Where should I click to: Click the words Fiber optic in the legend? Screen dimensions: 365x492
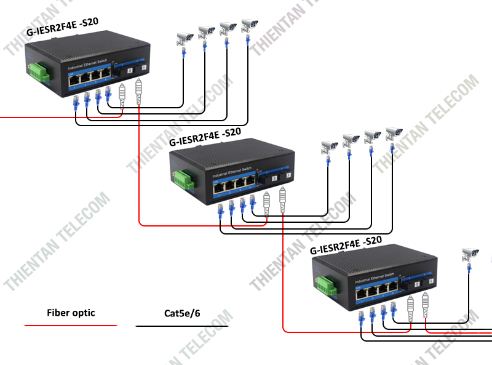[71, 313]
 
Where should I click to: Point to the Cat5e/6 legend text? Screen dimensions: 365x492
[182, 314]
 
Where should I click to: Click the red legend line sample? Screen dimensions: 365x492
[71, 324]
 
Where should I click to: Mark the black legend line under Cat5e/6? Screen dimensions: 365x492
[182, 326]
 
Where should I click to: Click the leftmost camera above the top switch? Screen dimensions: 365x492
[184, 38]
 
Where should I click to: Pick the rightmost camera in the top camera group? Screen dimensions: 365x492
[248, 25]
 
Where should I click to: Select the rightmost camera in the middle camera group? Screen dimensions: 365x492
[393, 132]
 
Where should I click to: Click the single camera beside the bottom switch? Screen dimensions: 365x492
[470, 254]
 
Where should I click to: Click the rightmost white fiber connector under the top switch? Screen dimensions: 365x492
[138, 90]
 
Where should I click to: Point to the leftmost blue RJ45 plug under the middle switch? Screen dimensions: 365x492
[221, 212]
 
